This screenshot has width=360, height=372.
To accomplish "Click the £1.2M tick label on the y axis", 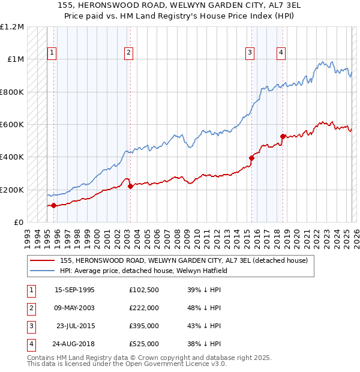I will (12, 27).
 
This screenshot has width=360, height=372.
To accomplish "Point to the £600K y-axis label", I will (12, 125).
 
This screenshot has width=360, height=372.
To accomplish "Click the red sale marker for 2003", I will (130, 187).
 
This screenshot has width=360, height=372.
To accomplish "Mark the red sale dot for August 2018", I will (283, 136).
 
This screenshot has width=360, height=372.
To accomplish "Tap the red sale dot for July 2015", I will (251, 158).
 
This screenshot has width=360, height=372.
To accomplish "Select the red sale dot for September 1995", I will (54, 206).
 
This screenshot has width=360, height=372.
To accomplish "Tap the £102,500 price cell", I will (144, 290).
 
